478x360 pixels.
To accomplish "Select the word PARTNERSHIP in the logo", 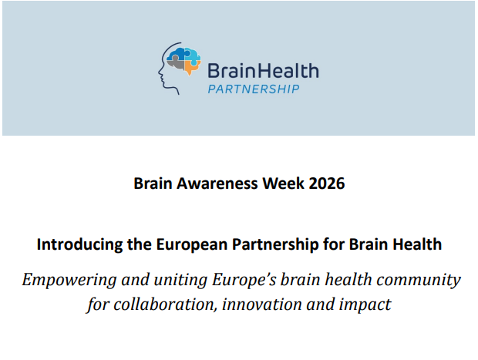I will click(254, 89).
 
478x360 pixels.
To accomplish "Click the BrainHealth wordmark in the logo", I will click(262, 71).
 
